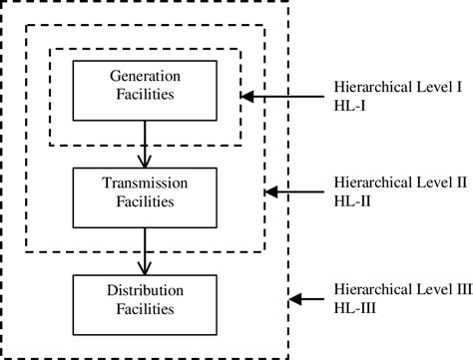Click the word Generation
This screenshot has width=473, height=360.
(x=146, y=78)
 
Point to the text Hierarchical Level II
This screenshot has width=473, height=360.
(x=400, y=184)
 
